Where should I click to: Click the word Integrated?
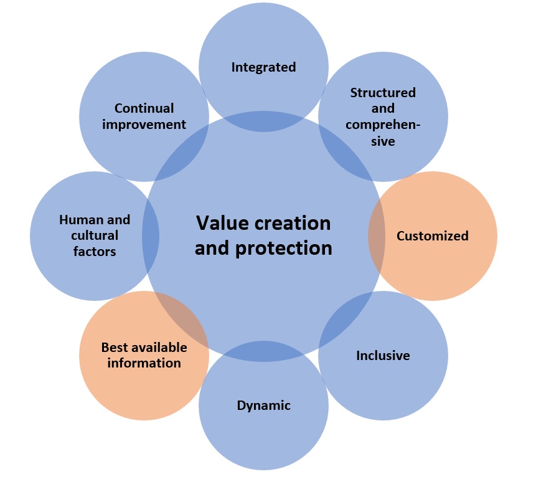click(263, 67)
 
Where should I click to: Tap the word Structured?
click(383, 93)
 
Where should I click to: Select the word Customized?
click(432, 236)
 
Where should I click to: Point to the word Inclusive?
click(383, 356)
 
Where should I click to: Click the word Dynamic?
click(263, 406)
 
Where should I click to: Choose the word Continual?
click(144, 108)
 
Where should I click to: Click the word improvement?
click(144, 125)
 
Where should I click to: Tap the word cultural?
click(95, 236)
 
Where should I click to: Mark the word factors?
click(95, 252)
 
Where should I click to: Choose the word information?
click(144, 363)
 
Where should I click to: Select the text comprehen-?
click(383, 125)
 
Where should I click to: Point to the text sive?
click(383, 141)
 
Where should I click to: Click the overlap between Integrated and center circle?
click(263, 121)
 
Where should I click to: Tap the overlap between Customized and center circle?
click(375, 236)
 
